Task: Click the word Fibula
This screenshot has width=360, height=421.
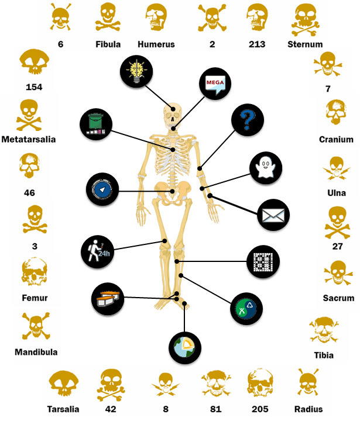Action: [x=108, y=44]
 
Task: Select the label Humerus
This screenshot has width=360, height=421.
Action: [x=156, y=44]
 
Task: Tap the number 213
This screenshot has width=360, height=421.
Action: [x=257, y=44]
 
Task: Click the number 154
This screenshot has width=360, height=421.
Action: [x=36, y=88]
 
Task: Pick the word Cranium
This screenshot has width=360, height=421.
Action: [x=336, y=140]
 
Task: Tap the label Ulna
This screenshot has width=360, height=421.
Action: [x=336, y=193]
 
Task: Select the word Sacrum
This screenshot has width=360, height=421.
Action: [x=338, y=298]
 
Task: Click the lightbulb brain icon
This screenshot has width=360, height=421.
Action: [x=136, y=73]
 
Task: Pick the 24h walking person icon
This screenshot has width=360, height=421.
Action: [x=97, y=251]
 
